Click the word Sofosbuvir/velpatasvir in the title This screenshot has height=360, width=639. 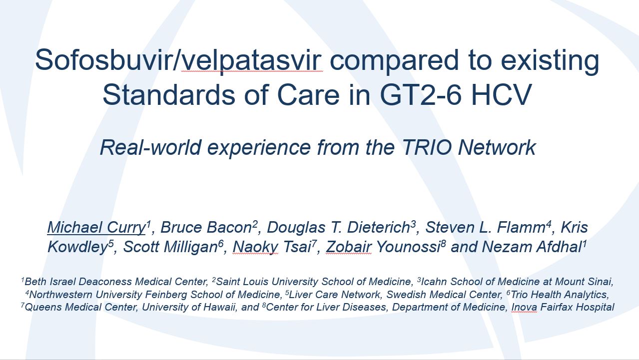pyautogui.click(x=179, y=60)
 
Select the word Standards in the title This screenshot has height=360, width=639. pyautogui.click(x=168, y=95)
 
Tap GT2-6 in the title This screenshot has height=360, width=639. pyautogui.click(x=421, y=95)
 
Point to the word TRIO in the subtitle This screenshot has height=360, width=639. pyautogui.click(x=427, y=148)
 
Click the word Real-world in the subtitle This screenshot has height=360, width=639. pyautogui.click(x=150, y=148)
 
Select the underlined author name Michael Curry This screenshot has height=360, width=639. pyautogui.click(x=96, y=228)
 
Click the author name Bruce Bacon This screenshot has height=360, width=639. pyautogui.click(x=206, y=228)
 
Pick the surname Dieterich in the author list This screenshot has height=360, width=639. pyautogui.click(x=379, y=228)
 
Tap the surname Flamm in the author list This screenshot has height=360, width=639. pyautogui.click(x=521, y=228)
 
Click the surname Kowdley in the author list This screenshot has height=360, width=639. pyautogui.click(x=77, y=247)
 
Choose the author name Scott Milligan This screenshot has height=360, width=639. pyautogui.click(x=170, y=247)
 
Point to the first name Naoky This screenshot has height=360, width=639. pyautogui.click(x=255, y=247)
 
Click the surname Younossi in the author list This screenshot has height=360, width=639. pyautogui.click(x=409, y=247)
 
